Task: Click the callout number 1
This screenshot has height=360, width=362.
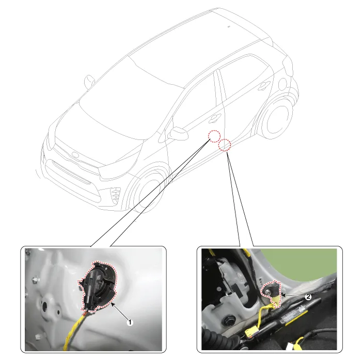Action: [x=130, y=322]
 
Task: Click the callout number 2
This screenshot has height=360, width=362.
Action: [x=308, y=296]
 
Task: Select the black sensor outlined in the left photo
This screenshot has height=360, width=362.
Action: [x=98, y=286]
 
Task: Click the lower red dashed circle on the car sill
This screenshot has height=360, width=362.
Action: [x=225, y=145]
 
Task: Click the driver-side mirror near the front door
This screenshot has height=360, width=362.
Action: [x=178, y=133]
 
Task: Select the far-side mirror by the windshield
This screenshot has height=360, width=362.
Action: [x=89, y=82]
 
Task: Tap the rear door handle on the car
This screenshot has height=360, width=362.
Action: [x=263, y=85]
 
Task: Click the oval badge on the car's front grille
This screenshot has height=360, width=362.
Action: [x=75, y=154]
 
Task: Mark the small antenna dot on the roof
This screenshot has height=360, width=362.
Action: [x=229, y=26]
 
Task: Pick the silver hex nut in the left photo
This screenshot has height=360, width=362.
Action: [x=36, y=280]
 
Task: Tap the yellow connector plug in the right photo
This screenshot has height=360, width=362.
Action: [x=251, y=334]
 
